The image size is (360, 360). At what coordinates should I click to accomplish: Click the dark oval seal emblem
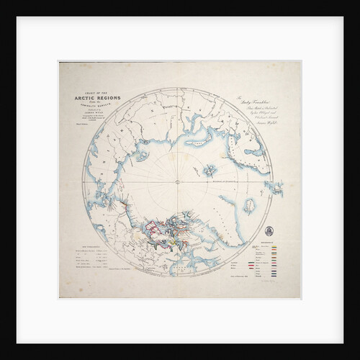269,231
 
